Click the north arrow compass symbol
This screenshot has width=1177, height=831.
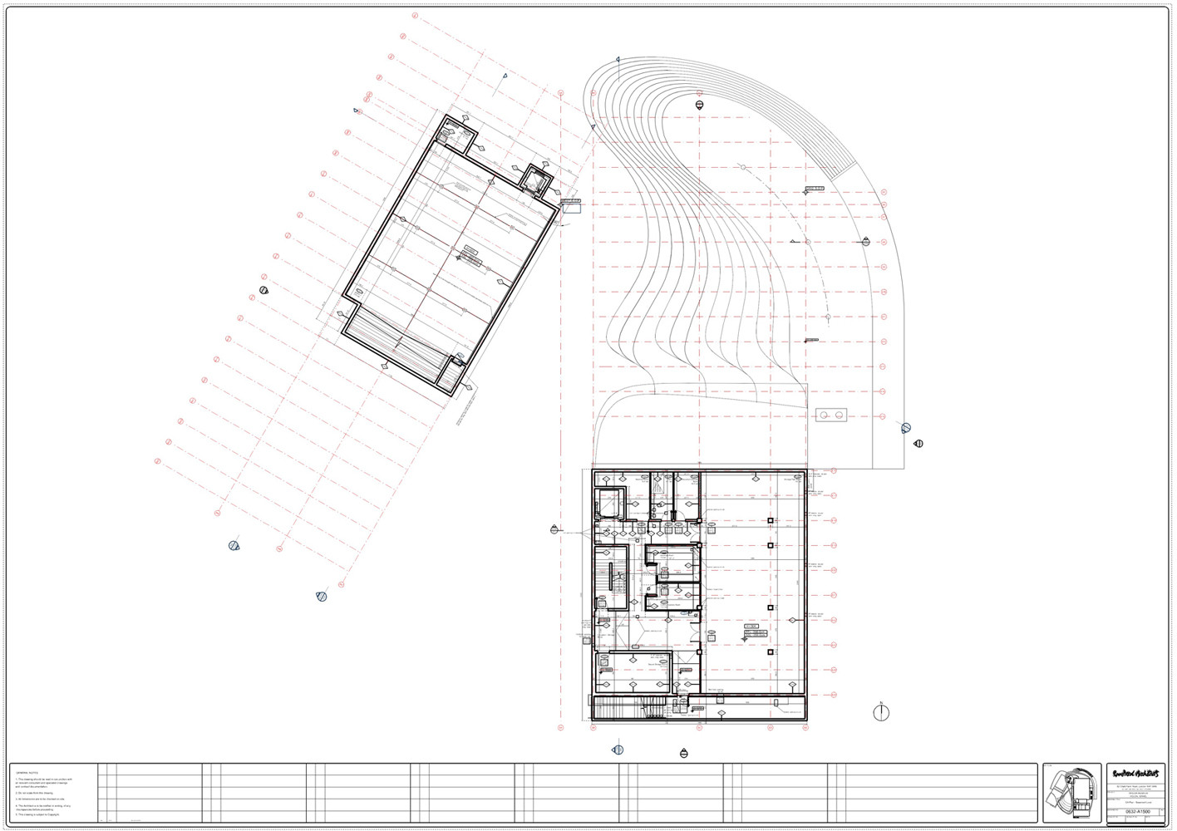pos(881,713)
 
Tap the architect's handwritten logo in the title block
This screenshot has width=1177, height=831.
pos(1135,774)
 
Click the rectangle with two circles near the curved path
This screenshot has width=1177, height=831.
pos(831,415)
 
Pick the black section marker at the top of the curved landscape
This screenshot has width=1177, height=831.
pos(699,105)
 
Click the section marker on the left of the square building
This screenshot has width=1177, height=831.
pos(554,529)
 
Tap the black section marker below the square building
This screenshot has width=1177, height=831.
pos(684,754)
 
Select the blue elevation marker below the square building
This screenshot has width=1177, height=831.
pos(618,750)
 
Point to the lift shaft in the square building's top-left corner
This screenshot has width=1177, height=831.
pos(608,504)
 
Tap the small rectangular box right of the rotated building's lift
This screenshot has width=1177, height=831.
pos(571,208)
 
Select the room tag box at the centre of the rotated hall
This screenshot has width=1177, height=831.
pos(471,253)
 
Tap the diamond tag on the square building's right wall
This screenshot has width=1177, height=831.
pos(793,620)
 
